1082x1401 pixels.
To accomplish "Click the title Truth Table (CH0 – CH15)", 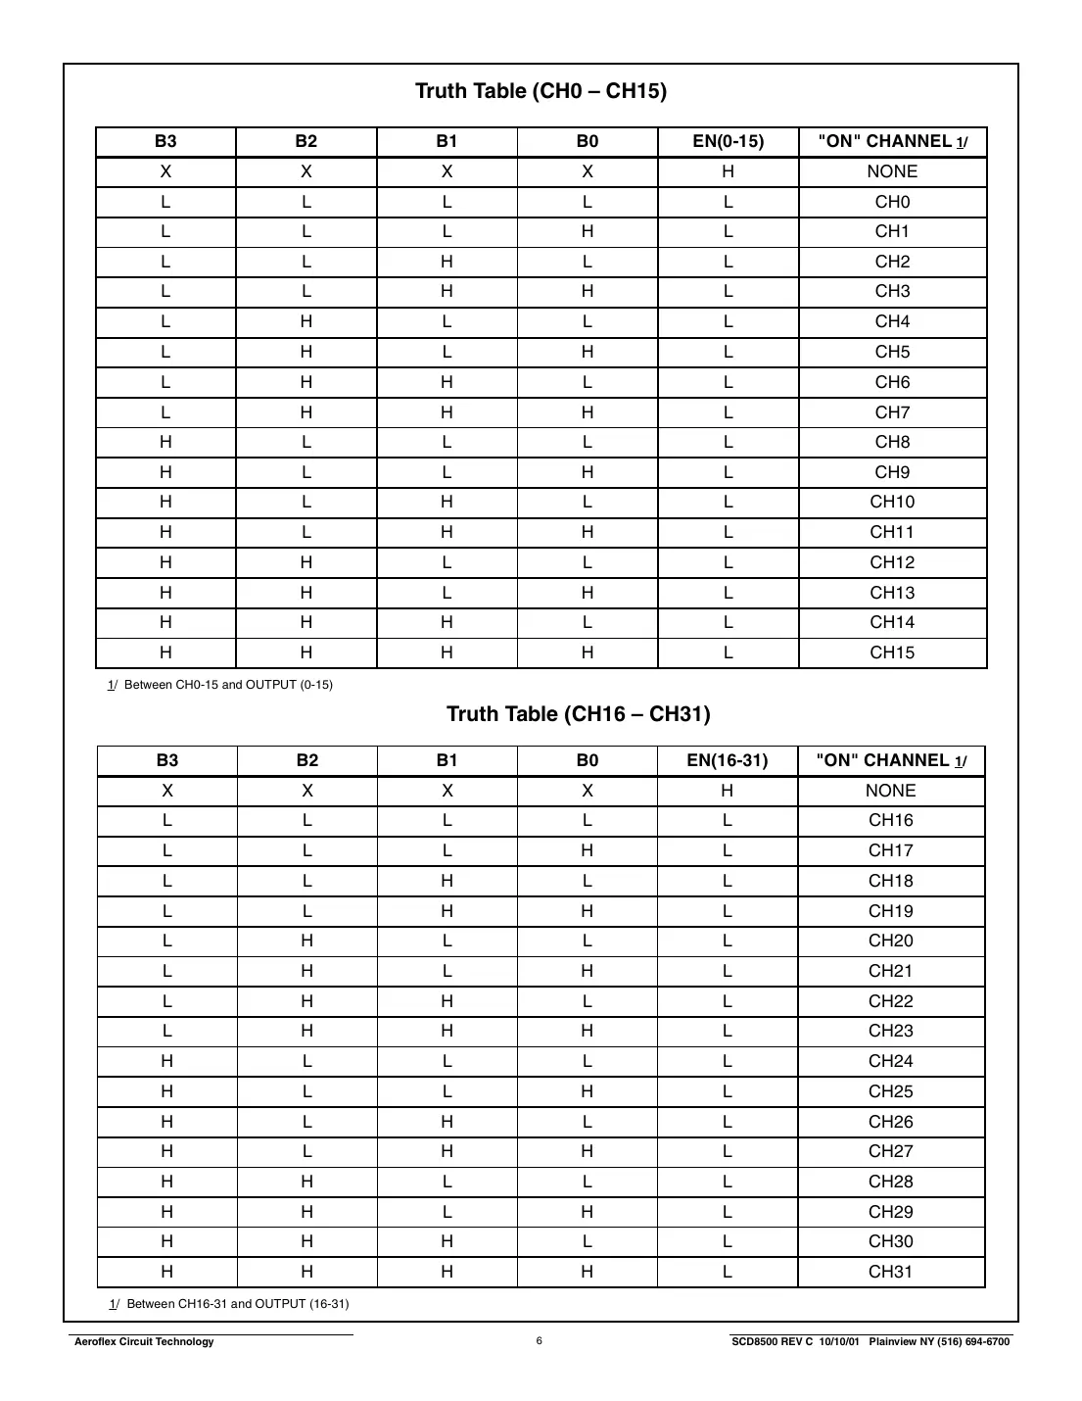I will [541, 91].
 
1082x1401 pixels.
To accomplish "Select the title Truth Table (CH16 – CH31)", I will [578, 713].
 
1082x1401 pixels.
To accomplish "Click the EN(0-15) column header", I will [728, 141].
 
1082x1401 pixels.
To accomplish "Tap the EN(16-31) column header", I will [727, 760].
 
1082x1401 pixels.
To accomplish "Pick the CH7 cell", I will [892, 412].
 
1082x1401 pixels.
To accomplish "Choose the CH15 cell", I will [892, 652].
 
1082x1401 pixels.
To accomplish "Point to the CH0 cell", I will [892, 202].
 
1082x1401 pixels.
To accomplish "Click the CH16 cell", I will [890, 820].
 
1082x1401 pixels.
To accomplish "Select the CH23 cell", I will [890, 1031].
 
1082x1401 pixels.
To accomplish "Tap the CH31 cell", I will [890, 1272].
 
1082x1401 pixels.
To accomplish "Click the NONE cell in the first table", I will [892, 171].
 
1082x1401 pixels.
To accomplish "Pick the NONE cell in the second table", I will [890, 791].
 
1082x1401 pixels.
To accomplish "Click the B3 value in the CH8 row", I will [165, 442].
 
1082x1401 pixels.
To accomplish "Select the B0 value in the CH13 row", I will [587, 593].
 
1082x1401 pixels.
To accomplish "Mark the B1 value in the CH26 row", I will [447, 1122].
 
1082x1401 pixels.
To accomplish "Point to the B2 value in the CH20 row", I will [306, 941].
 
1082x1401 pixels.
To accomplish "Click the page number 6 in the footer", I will [539, 1341].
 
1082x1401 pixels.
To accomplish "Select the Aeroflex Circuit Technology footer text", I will [144, 1342].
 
